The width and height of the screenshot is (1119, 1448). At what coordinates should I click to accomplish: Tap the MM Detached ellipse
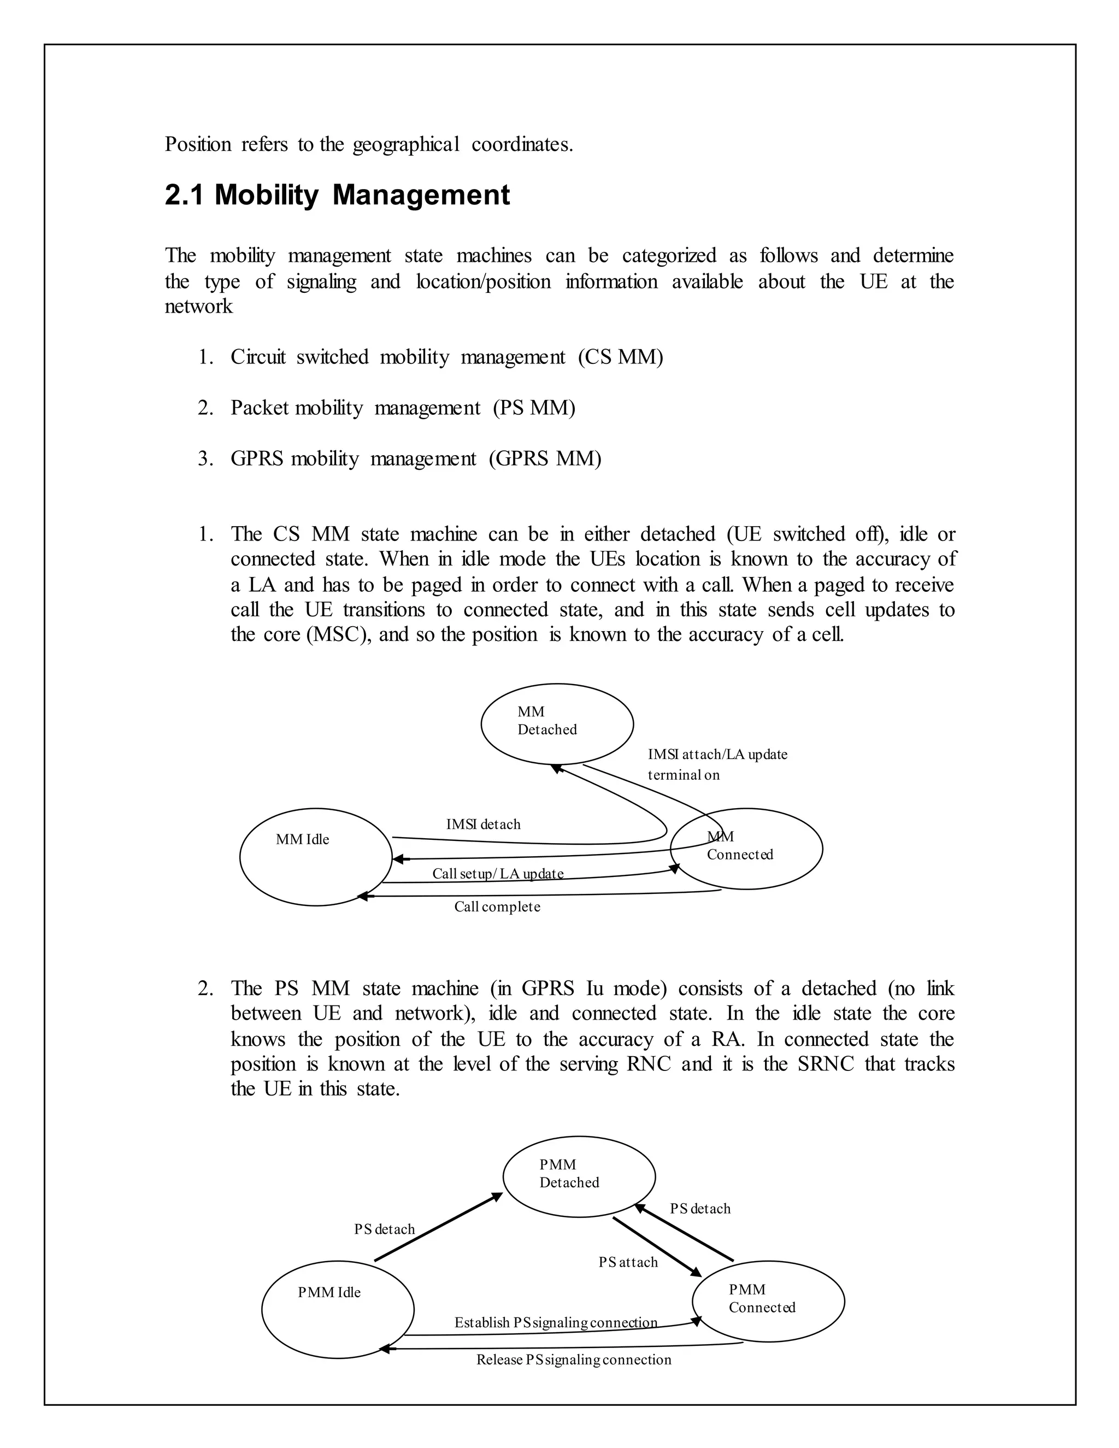[x=557, y=724]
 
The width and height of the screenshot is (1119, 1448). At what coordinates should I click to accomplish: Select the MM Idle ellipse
[x=316, y=857]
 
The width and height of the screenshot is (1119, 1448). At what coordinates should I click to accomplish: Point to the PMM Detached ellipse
[x=579, y=1177]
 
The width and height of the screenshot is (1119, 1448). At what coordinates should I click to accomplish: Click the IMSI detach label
[x=483, y=825]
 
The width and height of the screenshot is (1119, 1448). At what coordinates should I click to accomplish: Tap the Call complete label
[x=497, y=907]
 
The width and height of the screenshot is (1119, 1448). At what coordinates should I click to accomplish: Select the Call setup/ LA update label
[x=498, y=874]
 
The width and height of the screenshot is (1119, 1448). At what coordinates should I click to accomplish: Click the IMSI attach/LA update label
[x=717, y=755]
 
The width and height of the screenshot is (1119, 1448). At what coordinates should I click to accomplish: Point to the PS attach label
[x=628, y=1262]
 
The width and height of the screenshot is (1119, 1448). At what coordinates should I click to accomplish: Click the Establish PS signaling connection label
[x=556, y=1323]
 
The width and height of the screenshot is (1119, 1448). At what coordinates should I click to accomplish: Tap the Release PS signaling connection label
[x=573, y=1360]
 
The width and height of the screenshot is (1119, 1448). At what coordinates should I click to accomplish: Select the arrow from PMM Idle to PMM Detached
[x=438, y=1227]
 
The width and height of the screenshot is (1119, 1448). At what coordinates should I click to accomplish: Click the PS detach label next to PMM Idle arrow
[x=385, y=1229]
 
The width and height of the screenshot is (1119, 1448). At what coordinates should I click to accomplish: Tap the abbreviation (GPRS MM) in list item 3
[x=545, y=459]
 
